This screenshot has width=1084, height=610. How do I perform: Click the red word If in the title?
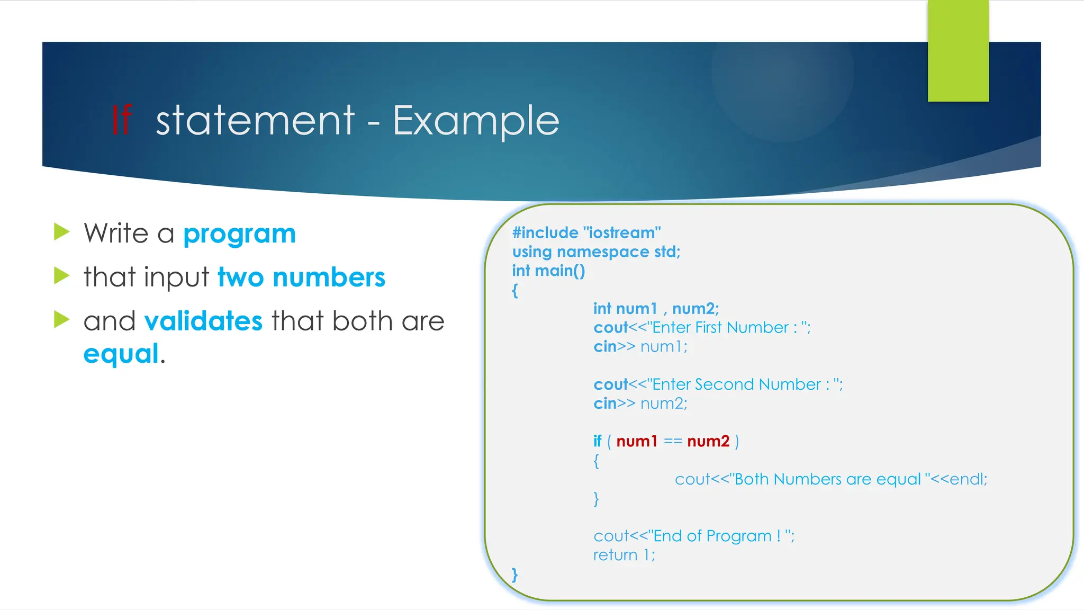(121, 120)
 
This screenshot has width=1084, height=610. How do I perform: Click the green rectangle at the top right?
(958, 51)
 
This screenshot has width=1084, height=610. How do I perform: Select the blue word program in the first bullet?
(239, 234)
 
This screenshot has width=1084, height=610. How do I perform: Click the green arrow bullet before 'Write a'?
(62, 232)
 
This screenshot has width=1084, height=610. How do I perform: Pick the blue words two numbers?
(301, 277)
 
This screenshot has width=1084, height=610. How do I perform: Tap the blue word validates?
(203, 321)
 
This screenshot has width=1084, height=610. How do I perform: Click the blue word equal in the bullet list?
(121, 354)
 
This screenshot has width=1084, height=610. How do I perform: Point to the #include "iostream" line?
(586, 233)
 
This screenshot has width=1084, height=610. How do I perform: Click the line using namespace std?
(596, 252)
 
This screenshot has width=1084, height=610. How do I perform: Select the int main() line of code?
(548, 271)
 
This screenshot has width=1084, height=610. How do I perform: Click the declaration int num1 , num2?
(656, 309)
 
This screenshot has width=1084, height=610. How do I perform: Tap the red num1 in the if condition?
(637, 441)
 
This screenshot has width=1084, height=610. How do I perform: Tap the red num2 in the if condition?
(708, 441)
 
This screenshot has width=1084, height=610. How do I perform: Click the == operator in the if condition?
(673, 441)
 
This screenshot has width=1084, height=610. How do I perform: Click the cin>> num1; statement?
(640, 347)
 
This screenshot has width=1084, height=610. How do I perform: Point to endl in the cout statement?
(966, 479)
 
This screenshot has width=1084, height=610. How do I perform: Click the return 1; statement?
(624, 555)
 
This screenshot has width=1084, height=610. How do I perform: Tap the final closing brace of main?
(514, 575)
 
